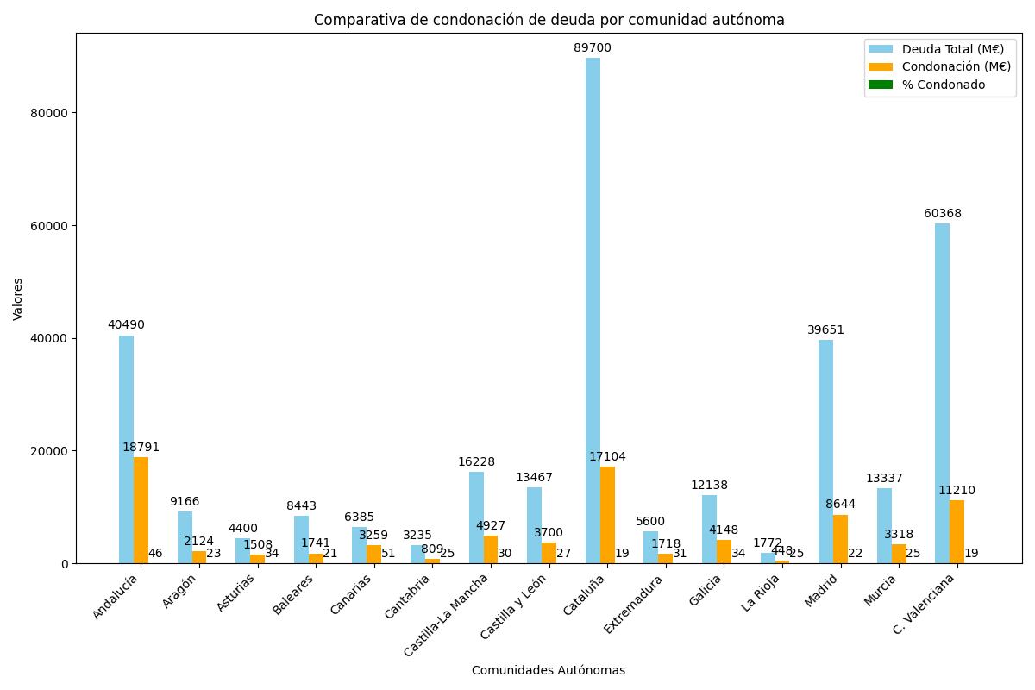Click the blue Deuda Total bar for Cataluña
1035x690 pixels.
click(593, 310)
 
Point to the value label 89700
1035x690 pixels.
click(593, 48)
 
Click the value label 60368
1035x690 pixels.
click(942, 214)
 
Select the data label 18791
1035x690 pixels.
click(141, 448)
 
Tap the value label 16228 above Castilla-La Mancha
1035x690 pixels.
click(476, 462)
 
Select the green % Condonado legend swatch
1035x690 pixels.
click(881, 85)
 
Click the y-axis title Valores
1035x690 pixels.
click(18, 298)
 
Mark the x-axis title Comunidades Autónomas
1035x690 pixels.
click(549, 670)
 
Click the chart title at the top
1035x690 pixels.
click(549, 20)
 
